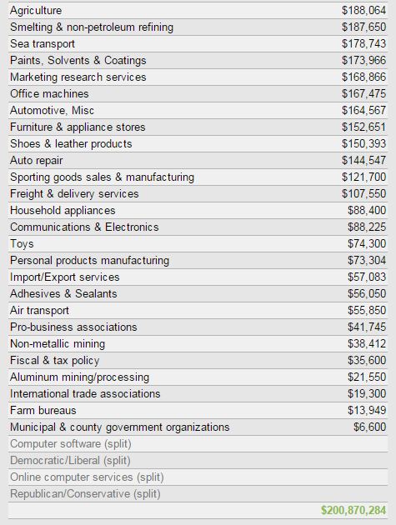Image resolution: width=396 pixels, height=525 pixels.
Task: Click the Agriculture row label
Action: [x=36, y=11]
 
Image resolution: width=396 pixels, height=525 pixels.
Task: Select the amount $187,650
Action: [x=363, y=27]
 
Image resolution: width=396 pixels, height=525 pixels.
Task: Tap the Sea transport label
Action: [x=43, y=44]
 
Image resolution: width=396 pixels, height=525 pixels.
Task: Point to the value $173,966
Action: [x=363, y=60]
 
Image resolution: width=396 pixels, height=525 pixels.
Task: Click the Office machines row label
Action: [x=49, y=93]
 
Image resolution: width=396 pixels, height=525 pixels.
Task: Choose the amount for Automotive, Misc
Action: [x=363, y=111]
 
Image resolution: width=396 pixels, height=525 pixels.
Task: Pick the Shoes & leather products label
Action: [x=71, y=144]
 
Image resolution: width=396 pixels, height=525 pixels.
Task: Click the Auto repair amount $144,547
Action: [x=363, y=160]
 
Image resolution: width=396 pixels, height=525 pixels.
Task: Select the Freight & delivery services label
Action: [x=74, y=194]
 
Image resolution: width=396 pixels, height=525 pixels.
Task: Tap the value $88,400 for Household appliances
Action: [x=367, y=210]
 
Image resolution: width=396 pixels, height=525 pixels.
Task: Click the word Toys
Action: [x=22, y=244]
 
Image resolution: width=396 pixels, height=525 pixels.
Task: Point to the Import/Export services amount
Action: [x=367, y=277]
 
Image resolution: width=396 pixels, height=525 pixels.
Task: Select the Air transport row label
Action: [x=39, y=311]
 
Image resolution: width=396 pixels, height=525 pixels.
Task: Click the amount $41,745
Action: [x=367, y=327]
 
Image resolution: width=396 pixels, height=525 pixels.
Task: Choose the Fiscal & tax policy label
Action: [x=55, y=361]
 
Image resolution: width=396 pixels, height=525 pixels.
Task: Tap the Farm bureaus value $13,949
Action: [x=367, y=410]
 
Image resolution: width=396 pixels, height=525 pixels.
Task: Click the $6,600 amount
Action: [x=370, y=427]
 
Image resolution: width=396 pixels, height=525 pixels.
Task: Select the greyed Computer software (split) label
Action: [x=71, y=444]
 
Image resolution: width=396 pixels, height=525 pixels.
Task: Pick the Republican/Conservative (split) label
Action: [x=85, y=494]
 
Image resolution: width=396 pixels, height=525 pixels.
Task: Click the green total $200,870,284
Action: [x=353, y=510]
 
